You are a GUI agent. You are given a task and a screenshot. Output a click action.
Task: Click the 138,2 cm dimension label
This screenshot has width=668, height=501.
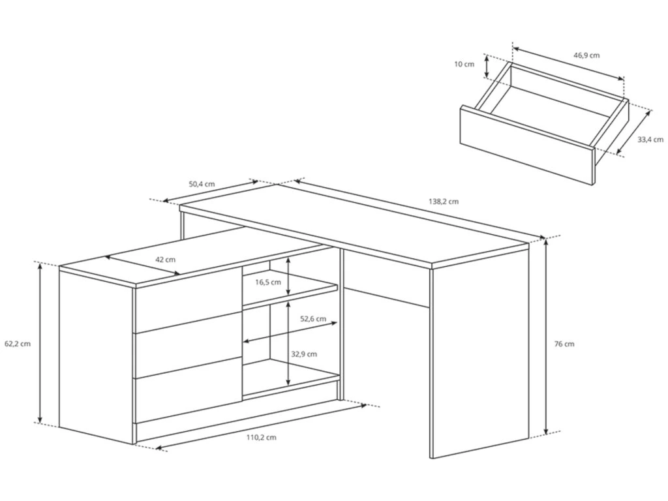click(x=444, y=202)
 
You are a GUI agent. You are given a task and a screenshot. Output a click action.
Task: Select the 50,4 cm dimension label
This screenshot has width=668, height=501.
click(x=202, y=185)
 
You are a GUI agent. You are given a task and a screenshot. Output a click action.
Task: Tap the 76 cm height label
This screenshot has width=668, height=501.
click(x=564, y=344)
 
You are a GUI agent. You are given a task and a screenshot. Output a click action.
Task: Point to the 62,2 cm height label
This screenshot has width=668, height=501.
click(x=18, y=344)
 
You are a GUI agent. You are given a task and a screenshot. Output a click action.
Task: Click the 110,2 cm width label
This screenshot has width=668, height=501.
click(x=261, y=437)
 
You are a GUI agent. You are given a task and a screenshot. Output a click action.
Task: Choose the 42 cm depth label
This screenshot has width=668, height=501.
click(x=165, y=260)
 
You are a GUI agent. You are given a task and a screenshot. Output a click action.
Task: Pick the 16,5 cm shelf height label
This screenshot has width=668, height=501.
click(x=268, y=282)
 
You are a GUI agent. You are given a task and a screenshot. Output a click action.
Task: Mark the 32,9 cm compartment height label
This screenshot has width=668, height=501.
click(x=304, y=354)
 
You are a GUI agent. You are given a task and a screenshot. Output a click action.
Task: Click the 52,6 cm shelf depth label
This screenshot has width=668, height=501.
click(x=313, y=318)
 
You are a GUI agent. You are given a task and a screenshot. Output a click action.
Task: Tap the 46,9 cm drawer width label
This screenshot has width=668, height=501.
click(x=586, y=55)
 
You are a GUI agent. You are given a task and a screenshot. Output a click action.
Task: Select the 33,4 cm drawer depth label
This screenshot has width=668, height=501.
click(x=650, y=140)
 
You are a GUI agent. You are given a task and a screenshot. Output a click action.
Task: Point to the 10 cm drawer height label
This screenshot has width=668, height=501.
click(x=464, y=65)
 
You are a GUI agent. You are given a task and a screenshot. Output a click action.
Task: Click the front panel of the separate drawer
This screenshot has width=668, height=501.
click(x=527, y=145)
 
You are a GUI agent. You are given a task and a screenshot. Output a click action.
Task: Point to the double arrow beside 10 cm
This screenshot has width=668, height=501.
click(x=486, y=67)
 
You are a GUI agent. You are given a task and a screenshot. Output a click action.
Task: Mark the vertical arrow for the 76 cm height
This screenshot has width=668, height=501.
click(x=547, y=337)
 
